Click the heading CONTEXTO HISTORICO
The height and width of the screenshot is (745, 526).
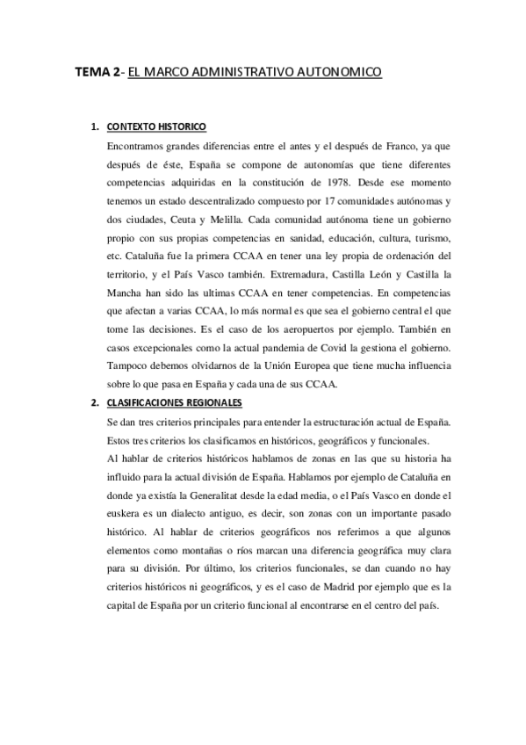(x=155, y=126)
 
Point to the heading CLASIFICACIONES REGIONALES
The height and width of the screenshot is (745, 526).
(x=173, y=402)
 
